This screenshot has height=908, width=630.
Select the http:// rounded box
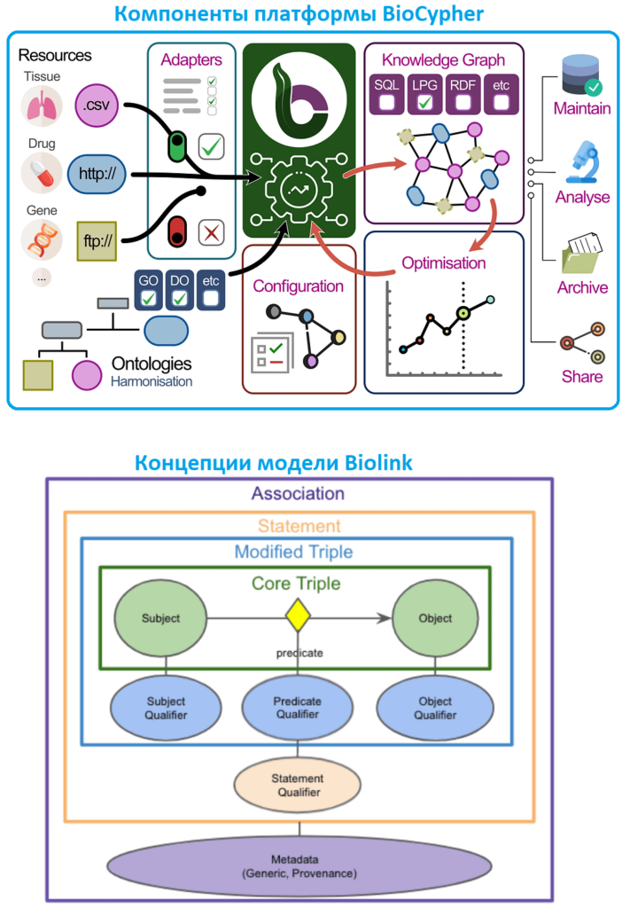pyautogui.click(x=97, y=173)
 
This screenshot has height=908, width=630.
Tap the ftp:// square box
pyautogui.click(x=97, y=240)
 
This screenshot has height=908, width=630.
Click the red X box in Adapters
pyautogui.click(x=211, y=232)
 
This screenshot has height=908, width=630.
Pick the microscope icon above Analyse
pyautogui.click(x=581, y=158)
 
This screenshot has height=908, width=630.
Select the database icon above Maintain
pyautogui.click(x=581, y=75)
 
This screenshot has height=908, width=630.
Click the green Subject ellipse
pyautogui.click(x=161, y=618)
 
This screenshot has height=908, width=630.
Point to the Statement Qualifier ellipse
pyautogui.click(x=298, y=784)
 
